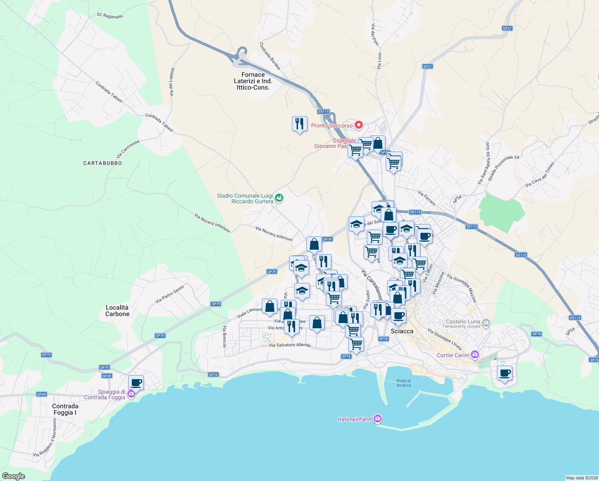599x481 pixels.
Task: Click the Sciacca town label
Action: [x=402, y=331]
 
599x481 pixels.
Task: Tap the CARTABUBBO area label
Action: [x=103, y=163]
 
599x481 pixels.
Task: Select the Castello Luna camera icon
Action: [x=486, y=322]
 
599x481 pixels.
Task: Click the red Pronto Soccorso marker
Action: [x=359, y=125]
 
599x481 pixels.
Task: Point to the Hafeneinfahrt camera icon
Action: [x=377, y=419]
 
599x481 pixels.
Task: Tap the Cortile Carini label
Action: [x=452, y=355]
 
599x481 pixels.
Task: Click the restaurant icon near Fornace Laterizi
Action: [x=299, y=124]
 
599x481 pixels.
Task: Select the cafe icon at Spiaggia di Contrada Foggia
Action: [x=136, y=382]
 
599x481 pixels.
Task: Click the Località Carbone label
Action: [x=117, y=311]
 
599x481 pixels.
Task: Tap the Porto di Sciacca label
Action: [x=404, y=383]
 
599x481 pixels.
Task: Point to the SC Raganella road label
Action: [x=109, y=16]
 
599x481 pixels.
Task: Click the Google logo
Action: [x=14, y=476]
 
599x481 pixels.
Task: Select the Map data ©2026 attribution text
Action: [x=581, y=478]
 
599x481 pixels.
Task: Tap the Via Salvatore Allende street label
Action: [x=289, y=345]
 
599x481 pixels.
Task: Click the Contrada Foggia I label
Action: [x=65, y=409]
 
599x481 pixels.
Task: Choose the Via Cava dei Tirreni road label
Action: [x=540, y=175]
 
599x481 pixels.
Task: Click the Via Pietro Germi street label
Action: [x=170, y=294]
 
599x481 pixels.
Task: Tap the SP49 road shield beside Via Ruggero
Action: [x=42, y=394]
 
